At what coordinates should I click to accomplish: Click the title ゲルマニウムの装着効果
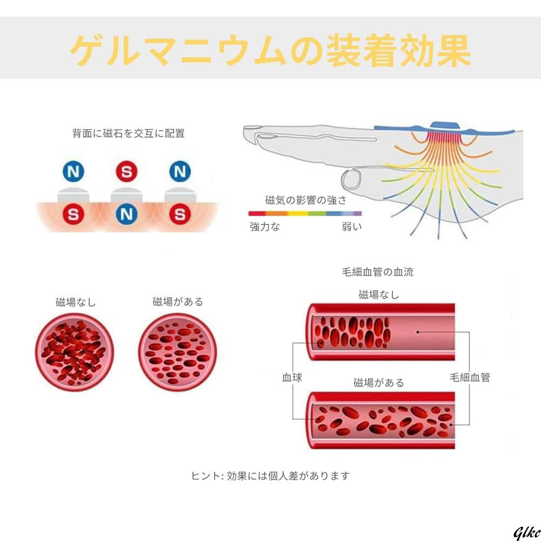pos(270,51)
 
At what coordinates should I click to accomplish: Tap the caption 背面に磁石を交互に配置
pos(129,133)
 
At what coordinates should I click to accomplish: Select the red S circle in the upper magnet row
pos(126,172)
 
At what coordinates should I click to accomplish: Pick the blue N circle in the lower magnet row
pos(126,215)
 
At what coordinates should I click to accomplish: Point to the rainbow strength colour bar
pos(305,213)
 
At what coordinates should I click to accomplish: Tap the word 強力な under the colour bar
pos(265,227)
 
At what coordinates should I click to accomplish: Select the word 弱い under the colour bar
pos(352,227)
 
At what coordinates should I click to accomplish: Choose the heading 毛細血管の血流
pos(378,272)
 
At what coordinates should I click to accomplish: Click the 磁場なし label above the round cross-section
pos(76,302)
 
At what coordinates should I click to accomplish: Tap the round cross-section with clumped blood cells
pos(74,351)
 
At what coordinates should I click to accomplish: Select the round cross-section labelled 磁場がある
pos(177,351)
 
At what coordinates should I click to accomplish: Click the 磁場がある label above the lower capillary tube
pos(379,383)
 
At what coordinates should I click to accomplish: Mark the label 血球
pos(292,377)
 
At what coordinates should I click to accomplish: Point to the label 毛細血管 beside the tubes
pos(470,377)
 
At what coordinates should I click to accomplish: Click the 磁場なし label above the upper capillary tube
pos(379,295)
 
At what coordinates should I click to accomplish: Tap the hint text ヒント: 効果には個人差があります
pos(270,476)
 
